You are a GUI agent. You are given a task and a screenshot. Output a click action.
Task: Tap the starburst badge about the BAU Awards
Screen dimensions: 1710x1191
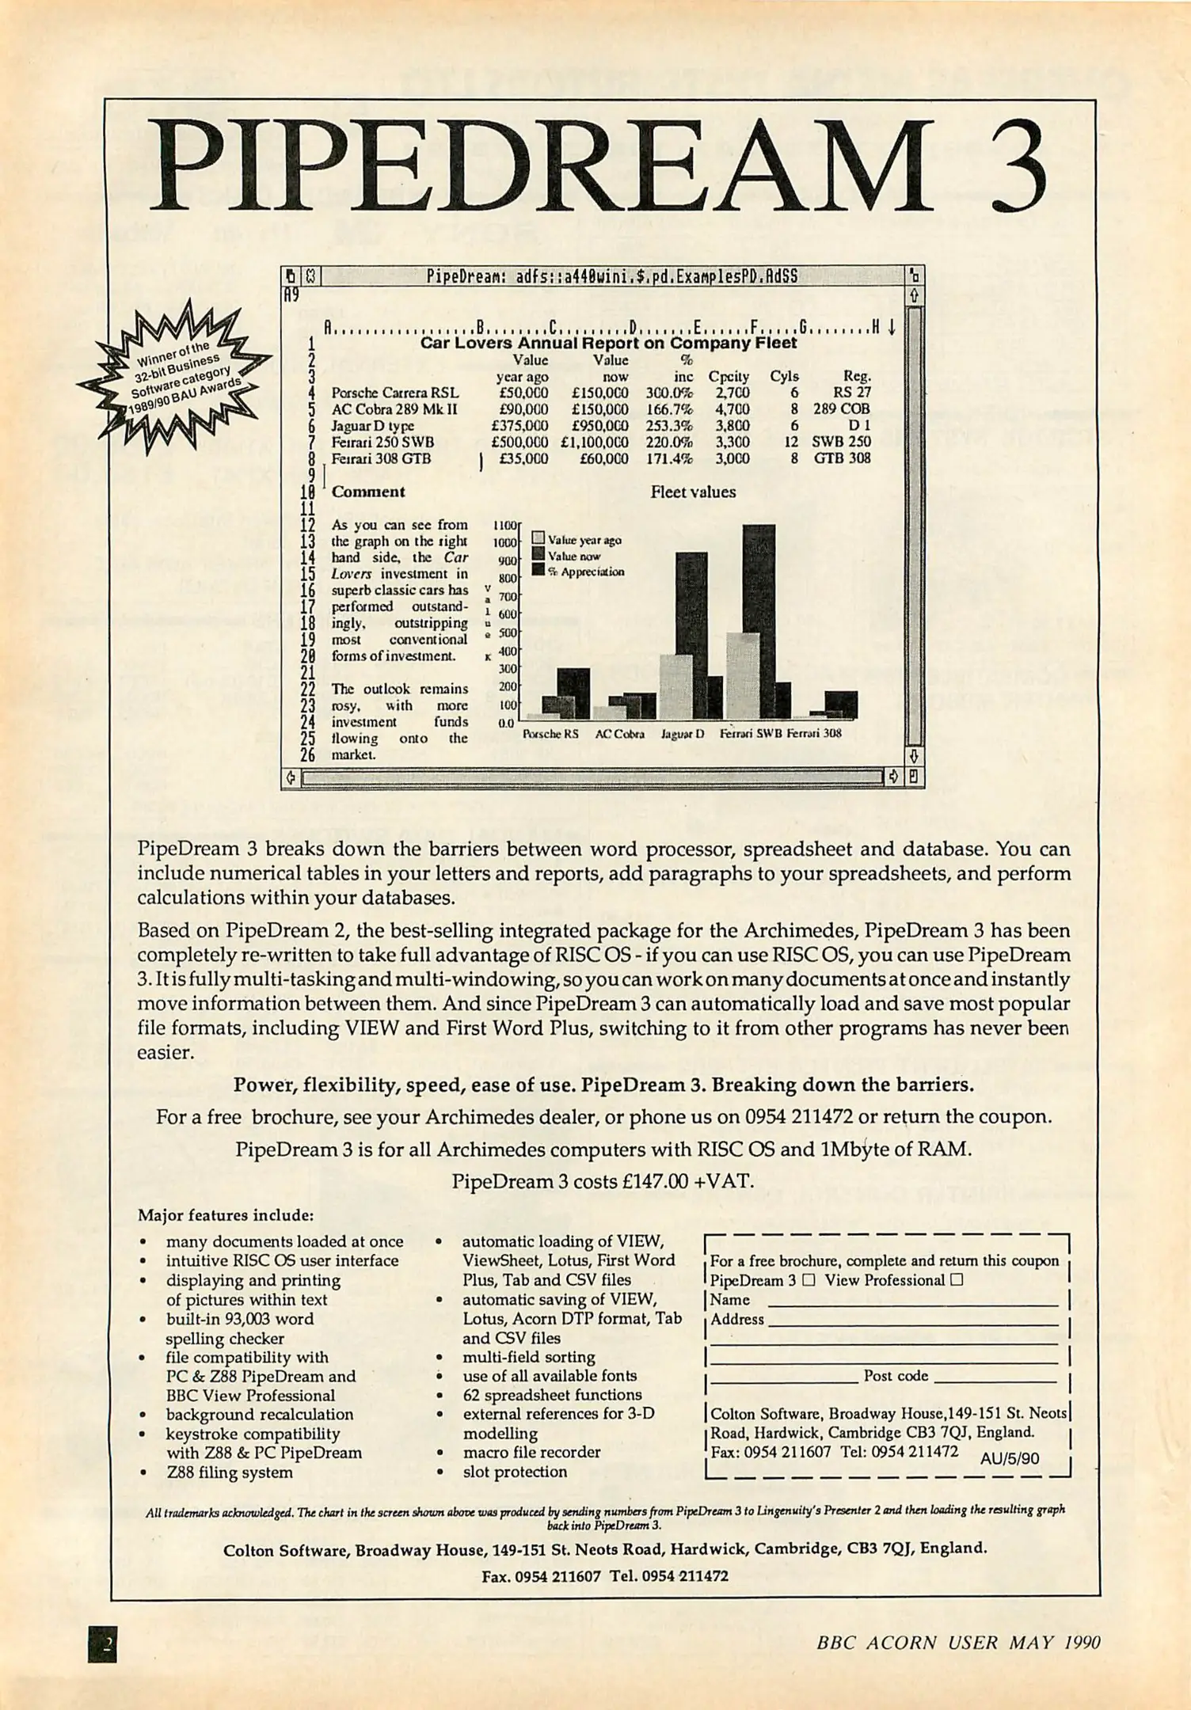point(175,377)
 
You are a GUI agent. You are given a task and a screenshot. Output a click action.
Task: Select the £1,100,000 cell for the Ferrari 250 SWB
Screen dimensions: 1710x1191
point(595,442)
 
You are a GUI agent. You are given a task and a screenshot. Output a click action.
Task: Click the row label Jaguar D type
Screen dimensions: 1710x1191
point(372,425)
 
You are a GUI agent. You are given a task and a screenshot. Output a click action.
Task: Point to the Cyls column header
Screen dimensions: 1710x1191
point(784,376)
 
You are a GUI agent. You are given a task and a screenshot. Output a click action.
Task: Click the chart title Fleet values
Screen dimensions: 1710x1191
point(693,492)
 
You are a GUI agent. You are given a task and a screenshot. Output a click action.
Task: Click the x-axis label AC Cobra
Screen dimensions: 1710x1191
point(619,734)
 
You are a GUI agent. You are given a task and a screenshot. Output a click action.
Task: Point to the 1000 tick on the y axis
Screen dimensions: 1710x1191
point(504,542)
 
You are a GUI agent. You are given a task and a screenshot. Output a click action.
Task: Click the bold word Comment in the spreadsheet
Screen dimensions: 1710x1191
point(368,492)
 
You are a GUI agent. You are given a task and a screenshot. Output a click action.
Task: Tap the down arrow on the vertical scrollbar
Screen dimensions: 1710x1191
point(913,756)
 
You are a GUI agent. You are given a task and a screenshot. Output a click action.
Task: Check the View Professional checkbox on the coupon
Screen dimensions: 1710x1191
point(957,1280)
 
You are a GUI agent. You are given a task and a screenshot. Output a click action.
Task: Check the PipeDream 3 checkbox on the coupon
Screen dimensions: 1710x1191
point(808,1280)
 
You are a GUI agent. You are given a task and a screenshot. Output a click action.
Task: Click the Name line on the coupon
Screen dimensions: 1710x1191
point(912,1301)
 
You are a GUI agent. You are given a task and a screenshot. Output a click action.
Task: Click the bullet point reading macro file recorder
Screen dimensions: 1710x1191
point(531,1452)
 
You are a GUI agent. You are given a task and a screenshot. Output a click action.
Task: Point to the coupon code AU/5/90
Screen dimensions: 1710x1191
point(1010,1458)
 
